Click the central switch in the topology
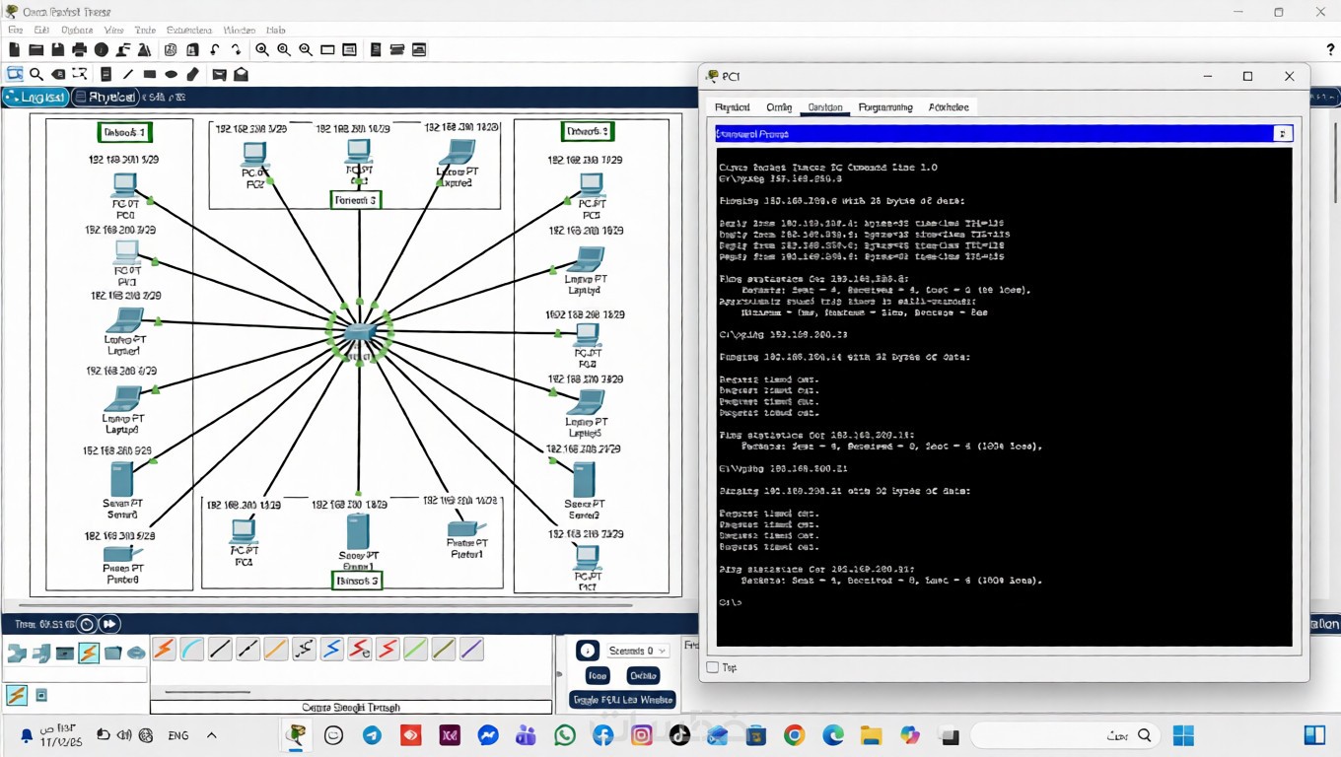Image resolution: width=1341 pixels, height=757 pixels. click(359, 332)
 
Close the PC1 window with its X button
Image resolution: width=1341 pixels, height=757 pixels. click(1289, 76)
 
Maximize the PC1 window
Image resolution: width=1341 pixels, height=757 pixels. click(1247, 76)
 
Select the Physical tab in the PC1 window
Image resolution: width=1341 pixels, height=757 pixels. click(733, 107)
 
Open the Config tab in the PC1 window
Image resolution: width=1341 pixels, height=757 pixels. click(779, 107)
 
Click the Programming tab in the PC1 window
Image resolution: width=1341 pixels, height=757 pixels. click(885, 107)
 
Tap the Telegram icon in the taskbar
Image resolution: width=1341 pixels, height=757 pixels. click(372, 735)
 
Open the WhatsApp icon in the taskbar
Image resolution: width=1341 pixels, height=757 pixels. click(564, 735)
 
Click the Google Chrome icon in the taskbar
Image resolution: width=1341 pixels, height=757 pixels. click(795, 735)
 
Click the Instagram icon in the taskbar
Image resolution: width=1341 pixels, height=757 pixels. click(641, 735)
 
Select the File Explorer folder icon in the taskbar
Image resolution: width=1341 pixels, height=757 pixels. click(871, 735)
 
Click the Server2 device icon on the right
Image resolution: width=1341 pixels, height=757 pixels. click(584, 480)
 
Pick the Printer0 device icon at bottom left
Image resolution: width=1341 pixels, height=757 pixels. click(123, 554)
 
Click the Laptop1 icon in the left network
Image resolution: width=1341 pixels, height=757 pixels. click(124, 320)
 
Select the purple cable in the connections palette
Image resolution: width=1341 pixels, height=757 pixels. click(471, 650)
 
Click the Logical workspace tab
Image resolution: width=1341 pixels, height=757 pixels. click(35, 97)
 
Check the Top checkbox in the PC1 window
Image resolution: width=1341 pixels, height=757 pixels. click(713, 667)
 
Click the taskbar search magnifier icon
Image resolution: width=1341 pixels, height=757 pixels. click(1144, 735)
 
